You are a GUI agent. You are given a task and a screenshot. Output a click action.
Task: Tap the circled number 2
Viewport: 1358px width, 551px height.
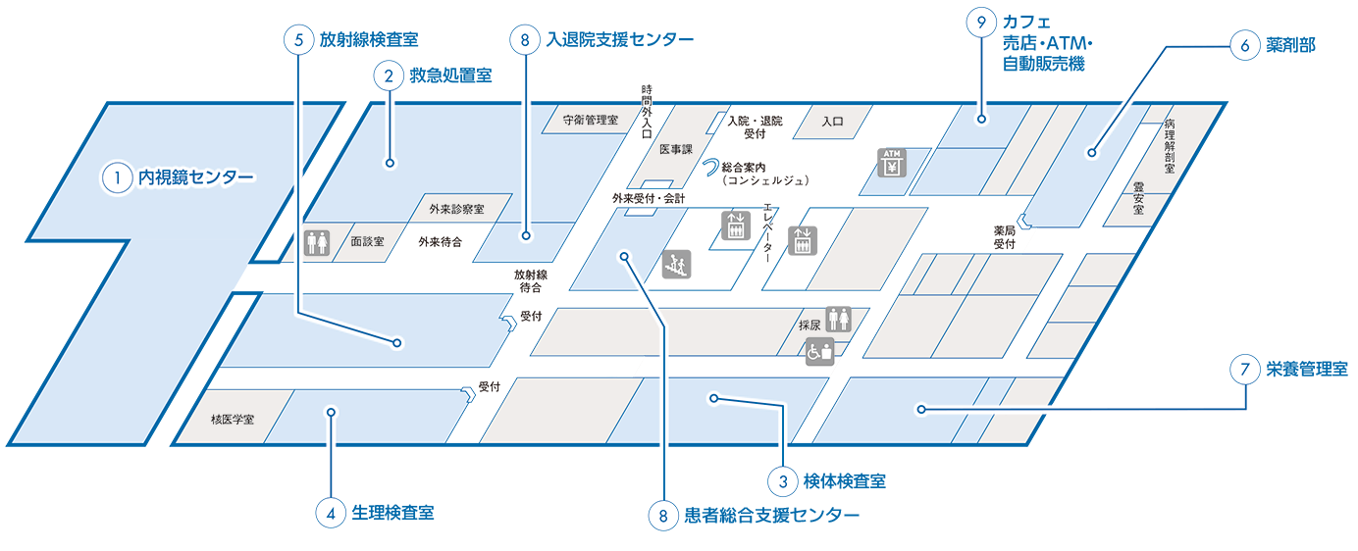point(389,75)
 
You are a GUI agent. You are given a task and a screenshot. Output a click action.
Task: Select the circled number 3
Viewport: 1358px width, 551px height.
point(783,481)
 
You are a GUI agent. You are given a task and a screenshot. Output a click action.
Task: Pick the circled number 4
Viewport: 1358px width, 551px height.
point(332,515)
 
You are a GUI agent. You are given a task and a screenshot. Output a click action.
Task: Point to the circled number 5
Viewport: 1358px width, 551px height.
point(298,38)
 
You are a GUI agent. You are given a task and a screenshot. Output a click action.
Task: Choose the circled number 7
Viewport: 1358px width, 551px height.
point(1244,371)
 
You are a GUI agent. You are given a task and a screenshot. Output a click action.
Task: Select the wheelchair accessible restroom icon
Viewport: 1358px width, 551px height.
point(819,352)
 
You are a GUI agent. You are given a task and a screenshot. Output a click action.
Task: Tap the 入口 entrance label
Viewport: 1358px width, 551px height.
point(832,122)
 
